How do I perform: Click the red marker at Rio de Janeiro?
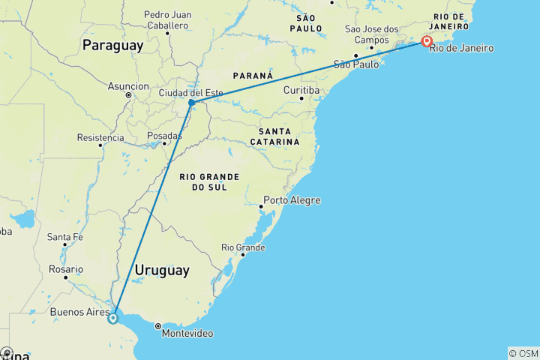pyautogui.click(x=426, y=41)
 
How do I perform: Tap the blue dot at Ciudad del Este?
pyautogui.click(x=192, y=102)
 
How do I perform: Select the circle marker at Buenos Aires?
pyautogui.click(x=112, y=318)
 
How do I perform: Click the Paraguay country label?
pyautogui.click(x=112, y=46)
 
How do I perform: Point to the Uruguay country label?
pyautogui.click(x=161, y=270)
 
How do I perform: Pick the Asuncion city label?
pyautogui.click(x=128, y=86)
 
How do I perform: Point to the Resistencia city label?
pyautogui.click(x=100, y=137)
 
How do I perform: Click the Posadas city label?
pyautogui.click(x=164, y=136)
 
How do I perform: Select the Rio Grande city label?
pyautogui.click(x=242, y=247)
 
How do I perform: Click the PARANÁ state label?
pyautogui.click(x=253, y=76)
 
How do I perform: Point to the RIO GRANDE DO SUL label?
pyautogui.click(x=209, y=181)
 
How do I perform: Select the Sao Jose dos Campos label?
pyautogui.click(x=372, y=34)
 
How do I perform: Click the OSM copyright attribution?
pyautogui.click(x=523, y=353)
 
